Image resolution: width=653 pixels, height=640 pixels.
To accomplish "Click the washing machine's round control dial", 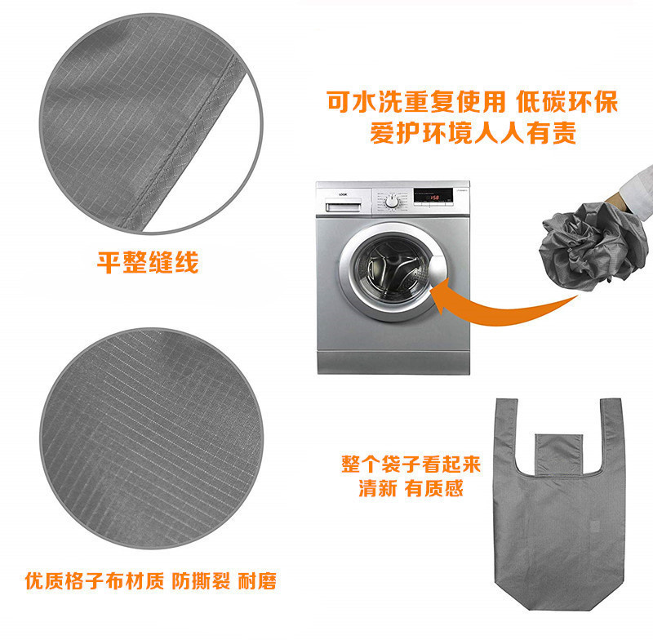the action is [392, 202].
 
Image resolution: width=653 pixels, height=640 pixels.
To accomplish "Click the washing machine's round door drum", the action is [391, 272].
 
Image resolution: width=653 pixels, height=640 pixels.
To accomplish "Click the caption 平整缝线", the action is [148, 262].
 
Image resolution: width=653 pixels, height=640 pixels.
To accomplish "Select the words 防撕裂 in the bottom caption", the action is [201, 581].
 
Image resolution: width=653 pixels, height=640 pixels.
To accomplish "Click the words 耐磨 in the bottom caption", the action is [257, 581].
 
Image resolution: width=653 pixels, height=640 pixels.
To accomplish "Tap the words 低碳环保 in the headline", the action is [566, 101].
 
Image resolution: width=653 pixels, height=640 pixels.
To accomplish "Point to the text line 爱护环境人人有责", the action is [473, 133].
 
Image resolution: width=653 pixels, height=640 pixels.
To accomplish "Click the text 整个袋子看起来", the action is [411, 464].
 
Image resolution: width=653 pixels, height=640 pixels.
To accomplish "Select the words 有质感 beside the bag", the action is [434, 488].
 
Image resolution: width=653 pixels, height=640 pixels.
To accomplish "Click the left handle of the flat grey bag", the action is [505, 433].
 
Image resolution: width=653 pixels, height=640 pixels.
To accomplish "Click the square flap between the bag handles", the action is [558, 455].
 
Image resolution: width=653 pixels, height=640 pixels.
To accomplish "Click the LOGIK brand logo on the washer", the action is [343, 194].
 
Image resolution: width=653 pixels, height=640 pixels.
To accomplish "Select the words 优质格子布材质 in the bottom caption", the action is [95, 581].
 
